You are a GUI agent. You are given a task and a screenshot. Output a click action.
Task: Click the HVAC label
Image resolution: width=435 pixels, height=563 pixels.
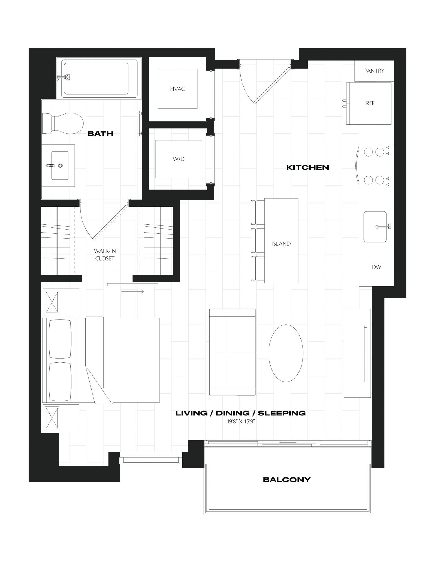coord(177,89)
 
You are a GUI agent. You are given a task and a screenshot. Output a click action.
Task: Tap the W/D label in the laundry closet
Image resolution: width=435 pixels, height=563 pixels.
coord(179,159)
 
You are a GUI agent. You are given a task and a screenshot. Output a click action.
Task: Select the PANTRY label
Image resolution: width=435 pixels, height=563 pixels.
coord(374,71)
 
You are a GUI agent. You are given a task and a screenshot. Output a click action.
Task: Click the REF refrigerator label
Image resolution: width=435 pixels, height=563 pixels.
coord(370,103)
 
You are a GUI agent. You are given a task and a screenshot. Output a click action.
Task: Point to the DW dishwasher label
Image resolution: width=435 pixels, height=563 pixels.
coord(376,267)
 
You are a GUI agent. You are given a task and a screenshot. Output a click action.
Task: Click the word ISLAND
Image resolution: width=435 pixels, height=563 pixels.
coord(281,244)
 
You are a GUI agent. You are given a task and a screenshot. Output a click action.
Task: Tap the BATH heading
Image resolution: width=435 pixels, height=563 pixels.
coord(101,134)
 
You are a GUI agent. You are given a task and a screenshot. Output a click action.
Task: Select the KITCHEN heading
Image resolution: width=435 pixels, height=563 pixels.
coord(307,167)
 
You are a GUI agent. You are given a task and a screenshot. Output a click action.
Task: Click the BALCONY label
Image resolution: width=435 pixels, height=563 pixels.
coord(287,479)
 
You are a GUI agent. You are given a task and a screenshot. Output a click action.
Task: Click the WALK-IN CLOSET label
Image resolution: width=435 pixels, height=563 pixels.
coord(105,254)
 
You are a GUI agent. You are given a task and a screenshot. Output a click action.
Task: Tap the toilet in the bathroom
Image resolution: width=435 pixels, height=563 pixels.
coord(63,124)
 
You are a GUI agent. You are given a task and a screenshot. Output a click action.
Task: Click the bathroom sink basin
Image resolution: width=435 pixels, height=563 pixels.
coord(60,166)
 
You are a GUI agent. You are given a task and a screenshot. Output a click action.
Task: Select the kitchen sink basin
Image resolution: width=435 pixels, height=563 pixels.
coord(375,227)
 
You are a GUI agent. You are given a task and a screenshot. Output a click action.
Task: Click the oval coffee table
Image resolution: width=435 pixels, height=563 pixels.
coord(286,353)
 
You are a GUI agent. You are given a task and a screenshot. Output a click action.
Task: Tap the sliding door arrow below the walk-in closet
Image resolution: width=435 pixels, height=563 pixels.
coord(133,292)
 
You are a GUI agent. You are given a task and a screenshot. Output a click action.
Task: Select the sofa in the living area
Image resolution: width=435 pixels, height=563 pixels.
coord(233,352)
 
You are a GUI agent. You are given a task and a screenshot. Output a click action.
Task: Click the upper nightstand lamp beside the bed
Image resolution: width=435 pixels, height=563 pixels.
coord(51,303)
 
